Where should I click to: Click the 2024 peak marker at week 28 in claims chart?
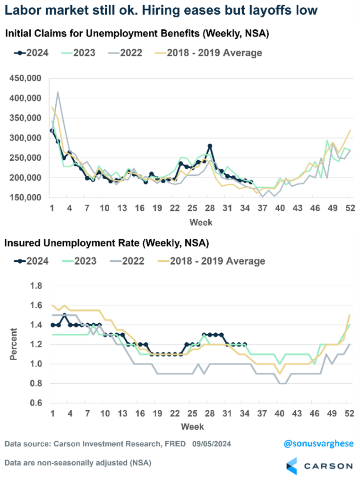(x=210, y=146)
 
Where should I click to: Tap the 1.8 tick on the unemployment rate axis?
(x=36, y=286)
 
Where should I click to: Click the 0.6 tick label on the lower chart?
(x=36, y=403)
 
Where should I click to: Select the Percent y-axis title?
(x=15, y=344)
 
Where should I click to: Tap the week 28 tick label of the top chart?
(x=210, y=208)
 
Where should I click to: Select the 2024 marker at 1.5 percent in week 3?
(x=65, y=315)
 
